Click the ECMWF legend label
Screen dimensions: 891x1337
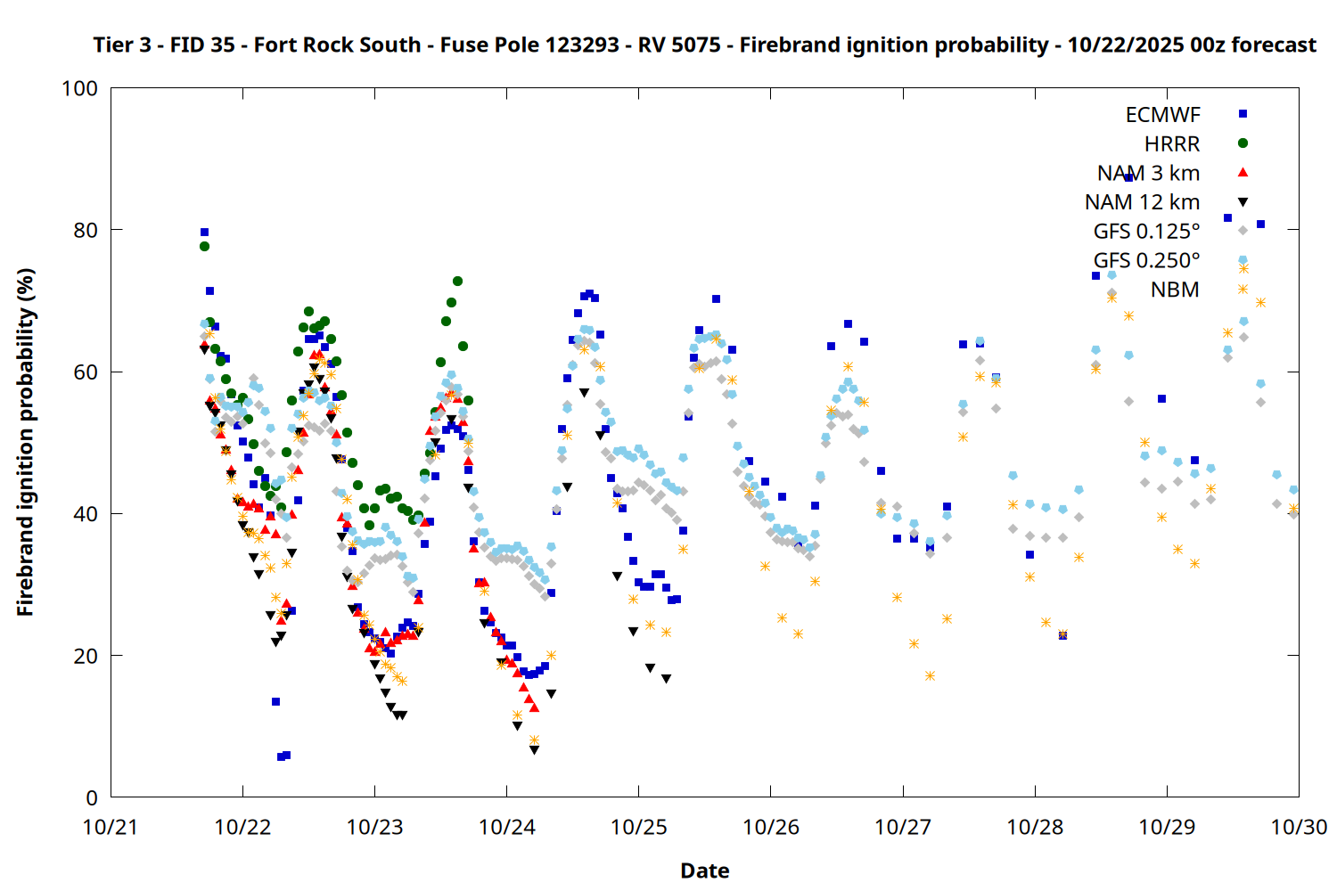click(x=1162, y=115)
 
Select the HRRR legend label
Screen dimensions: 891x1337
click(x=1172, y=144)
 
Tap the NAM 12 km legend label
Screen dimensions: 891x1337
click(x=1142, y=202)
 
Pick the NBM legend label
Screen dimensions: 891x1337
click(x=1175, y=290)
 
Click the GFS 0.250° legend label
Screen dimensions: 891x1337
click(x=1146, y=260)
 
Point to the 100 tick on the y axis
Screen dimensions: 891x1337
click(x=79, y=88)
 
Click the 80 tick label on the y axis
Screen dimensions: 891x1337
click(x=86, y=230)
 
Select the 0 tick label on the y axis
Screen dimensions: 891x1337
click(x=92, y=797)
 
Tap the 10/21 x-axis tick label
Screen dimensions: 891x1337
click(x=111, y=827)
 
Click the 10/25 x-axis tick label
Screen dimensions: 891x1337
click(x=638, y=827)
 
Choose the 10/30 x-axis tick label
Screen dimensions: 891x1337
click(x=1299, y=827)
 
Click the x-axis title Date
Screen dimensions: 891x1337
click(x=704, y=871)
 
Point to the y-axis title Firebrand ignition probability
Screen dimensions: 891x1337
click(x=26, y=442)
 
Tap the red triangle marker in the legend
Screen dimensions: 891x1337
click(x=1243, y=172)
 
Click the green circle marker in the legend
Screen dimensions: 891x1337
click(x=1243, y=143)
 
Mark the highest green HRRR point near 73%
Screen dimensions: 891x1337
click(x=457, y=282)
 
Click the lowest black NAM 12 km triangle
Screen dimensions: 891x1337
click(x=534, y=750)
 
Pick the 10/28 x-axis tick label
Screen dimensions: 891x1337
click(x=1035, y=827)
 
